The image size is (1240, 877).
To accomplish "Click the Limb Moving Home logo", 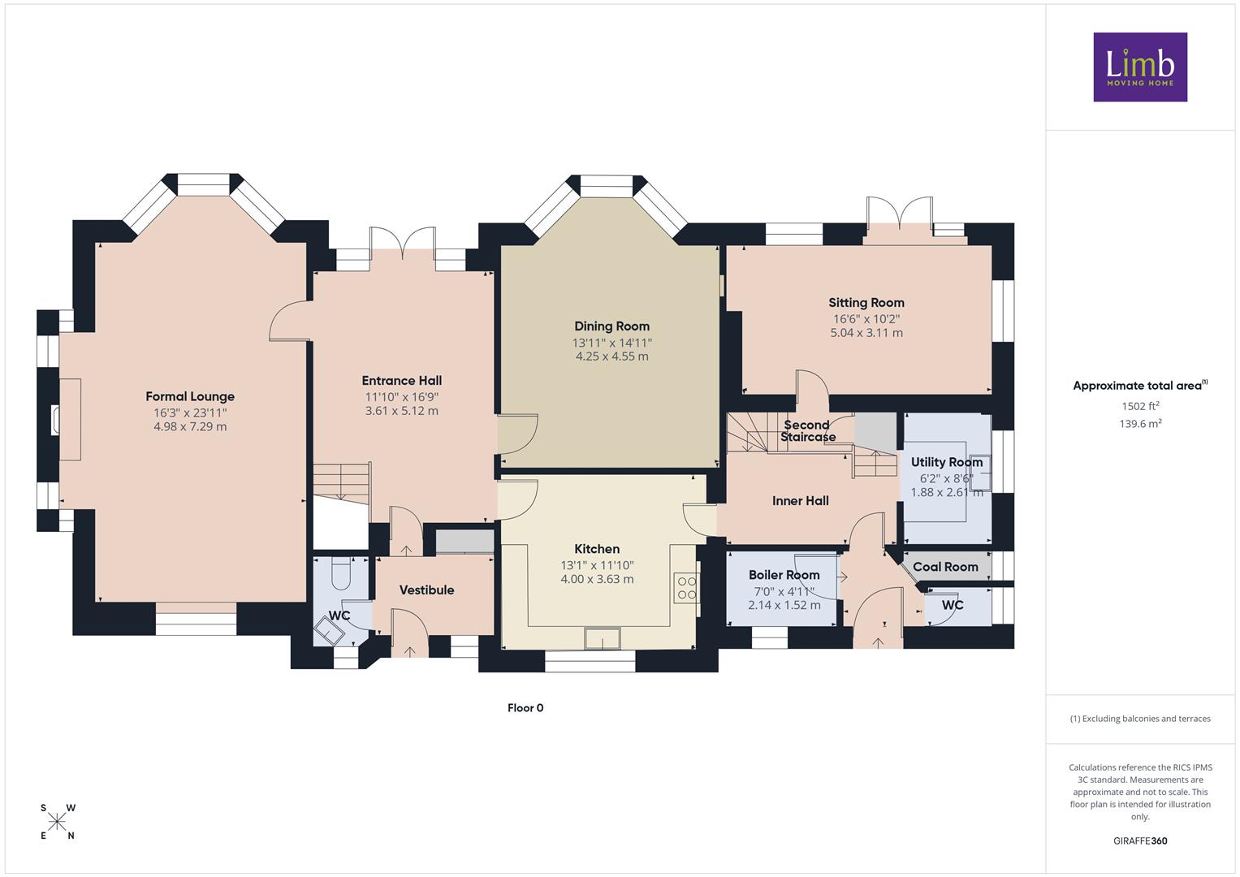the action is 1140,67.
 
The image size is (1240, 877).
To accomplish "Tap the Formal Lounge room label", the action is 190,396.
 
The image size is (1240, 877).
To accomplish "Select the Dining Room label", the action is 611,326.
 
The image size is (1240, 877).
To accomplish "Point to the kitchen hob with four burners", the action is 686,588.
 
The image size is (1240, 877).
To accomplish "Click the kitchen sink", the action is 603,638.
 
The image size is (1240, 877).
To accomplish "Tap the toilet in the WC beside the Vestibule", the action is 340,573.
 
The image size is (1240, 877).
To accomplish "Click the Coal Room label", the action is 945,567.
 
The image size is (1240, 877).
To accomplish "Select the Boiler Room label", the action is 784,575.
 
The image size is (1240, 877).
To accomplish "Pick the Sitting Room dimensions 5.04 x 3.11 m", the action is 866,333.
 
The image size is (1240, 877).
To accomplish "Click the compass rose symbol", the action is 57,822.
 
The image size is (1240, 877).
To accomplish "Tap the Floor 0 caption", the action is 525,707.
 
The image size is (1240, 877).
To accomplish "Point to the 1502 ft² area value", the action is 1140,406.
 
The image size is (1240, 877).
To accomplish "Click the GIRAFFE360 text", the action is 1140,840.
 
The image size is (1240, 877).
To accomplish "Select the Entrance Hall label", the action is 402,380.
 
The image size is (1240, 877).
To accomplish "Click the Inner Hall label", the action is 801,500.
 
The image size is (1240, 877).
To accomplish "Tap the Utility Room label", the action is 947,462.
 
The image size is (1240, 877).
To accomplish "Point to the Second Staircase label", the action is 807,430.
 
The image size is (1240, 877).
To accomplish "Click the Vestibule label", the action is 427,590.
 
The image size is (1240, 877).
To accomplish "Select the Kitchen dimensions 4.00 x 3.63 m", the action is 597,579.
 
